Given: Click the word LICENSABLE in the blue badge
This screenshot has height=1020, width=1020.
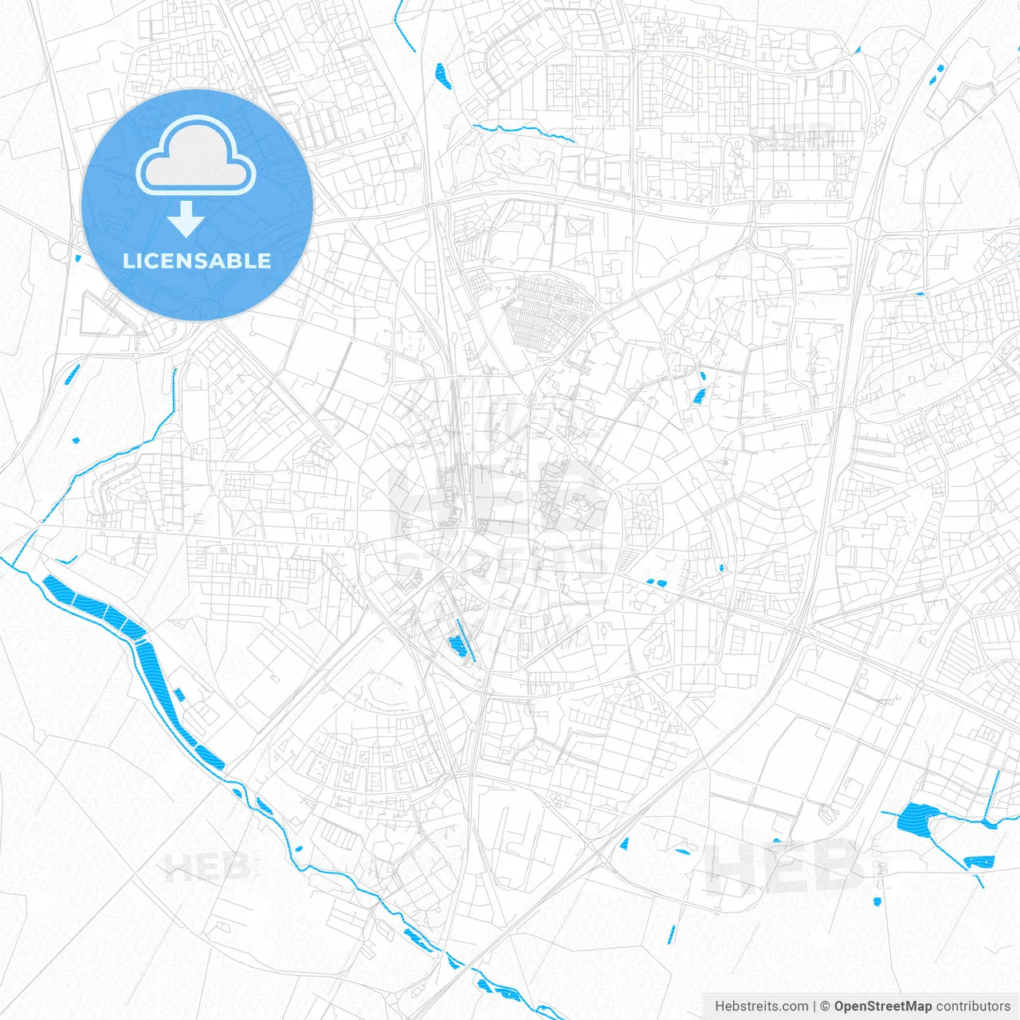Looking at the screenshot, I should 197,261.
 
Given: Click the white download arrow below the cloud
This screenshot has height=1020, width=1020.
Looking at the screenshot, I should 186,219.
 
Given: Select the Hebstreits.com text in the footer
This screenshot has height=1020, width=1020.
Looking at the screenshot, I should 761,1006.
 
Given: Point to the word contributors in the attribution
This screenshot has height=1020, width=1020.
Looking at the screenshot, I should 973,1006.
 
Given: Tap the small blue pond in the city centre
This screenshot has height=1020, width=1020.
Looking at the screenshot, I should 456,645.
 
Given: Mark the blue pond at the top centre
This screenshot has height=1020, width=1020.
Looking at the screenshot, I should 441,74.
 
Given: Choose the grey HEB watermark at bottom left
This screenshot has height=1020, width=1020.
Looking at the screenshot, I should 207,865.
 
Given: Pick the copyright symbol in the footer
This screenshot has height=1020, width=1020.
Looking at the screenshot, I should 826,1006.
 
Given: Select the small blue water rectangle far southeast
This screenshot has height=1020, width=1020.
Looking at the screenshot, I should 979,861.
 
